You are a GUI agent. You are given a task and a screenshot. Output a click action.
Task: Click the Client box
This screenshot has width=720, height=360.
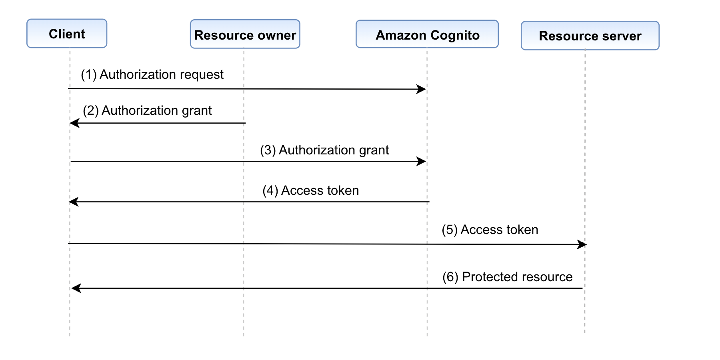67,34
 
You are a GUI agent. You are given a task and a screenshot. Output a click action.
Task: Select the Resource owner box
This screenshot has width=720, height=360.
245,34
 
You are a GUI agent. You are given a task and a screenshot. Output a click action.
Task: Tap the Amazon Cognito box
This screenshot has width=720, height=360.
427,34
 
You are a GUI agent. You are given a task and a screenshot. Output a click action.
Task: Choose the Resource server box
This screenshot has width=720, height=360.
590,36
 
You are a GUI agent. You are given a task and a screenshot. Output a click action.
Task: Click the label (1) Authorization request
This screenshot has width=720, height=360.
152,74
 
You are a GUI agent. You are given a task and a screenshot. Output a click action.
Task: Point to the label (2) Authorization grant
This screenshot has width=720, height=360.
147,110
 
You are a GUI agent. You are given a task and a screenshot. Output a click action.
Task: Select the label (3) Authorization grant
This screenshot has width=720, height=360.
324,150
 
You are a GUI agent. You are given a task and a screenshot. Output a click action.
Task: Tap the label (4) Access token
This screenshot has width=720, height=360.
310,190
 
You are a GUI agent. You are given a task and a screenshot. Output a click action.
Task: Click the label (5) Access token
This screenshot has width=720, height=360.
490,230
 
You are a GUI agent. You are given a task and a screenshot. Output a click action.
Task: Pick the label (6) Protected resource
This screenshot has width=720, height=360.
507,277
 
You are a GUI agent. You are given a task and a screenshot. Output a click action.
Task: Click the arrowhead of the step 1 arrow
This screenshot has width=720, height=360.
422,89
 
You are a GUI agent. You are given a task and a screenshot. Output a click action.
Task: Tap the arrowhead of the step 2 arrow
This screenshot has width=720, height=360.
74,123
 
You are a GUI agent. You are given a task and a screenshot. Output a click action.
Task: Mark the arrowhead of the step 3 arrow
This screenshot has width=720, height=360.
422,161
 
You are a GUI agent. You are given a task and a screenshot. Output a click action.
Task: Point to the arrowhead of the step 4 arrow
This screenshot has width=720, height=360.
74,202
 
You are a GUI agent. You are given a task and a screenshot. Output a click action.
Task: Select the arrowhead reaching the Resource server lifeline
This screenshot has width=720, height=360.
582,244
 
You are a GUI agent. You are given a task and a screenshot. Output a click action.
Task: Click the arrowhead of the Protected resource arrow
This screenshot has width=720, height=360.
76,288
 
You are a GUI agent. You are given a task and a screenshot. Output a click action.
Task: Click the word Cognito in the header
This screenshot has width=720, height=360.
455,35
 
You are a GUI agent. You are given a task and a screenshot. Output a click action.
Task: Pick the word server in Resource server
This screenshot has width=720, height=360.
622,36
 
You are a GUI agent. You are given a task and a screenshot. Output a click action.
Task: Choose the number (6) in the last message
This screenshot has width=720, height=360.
450,277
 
